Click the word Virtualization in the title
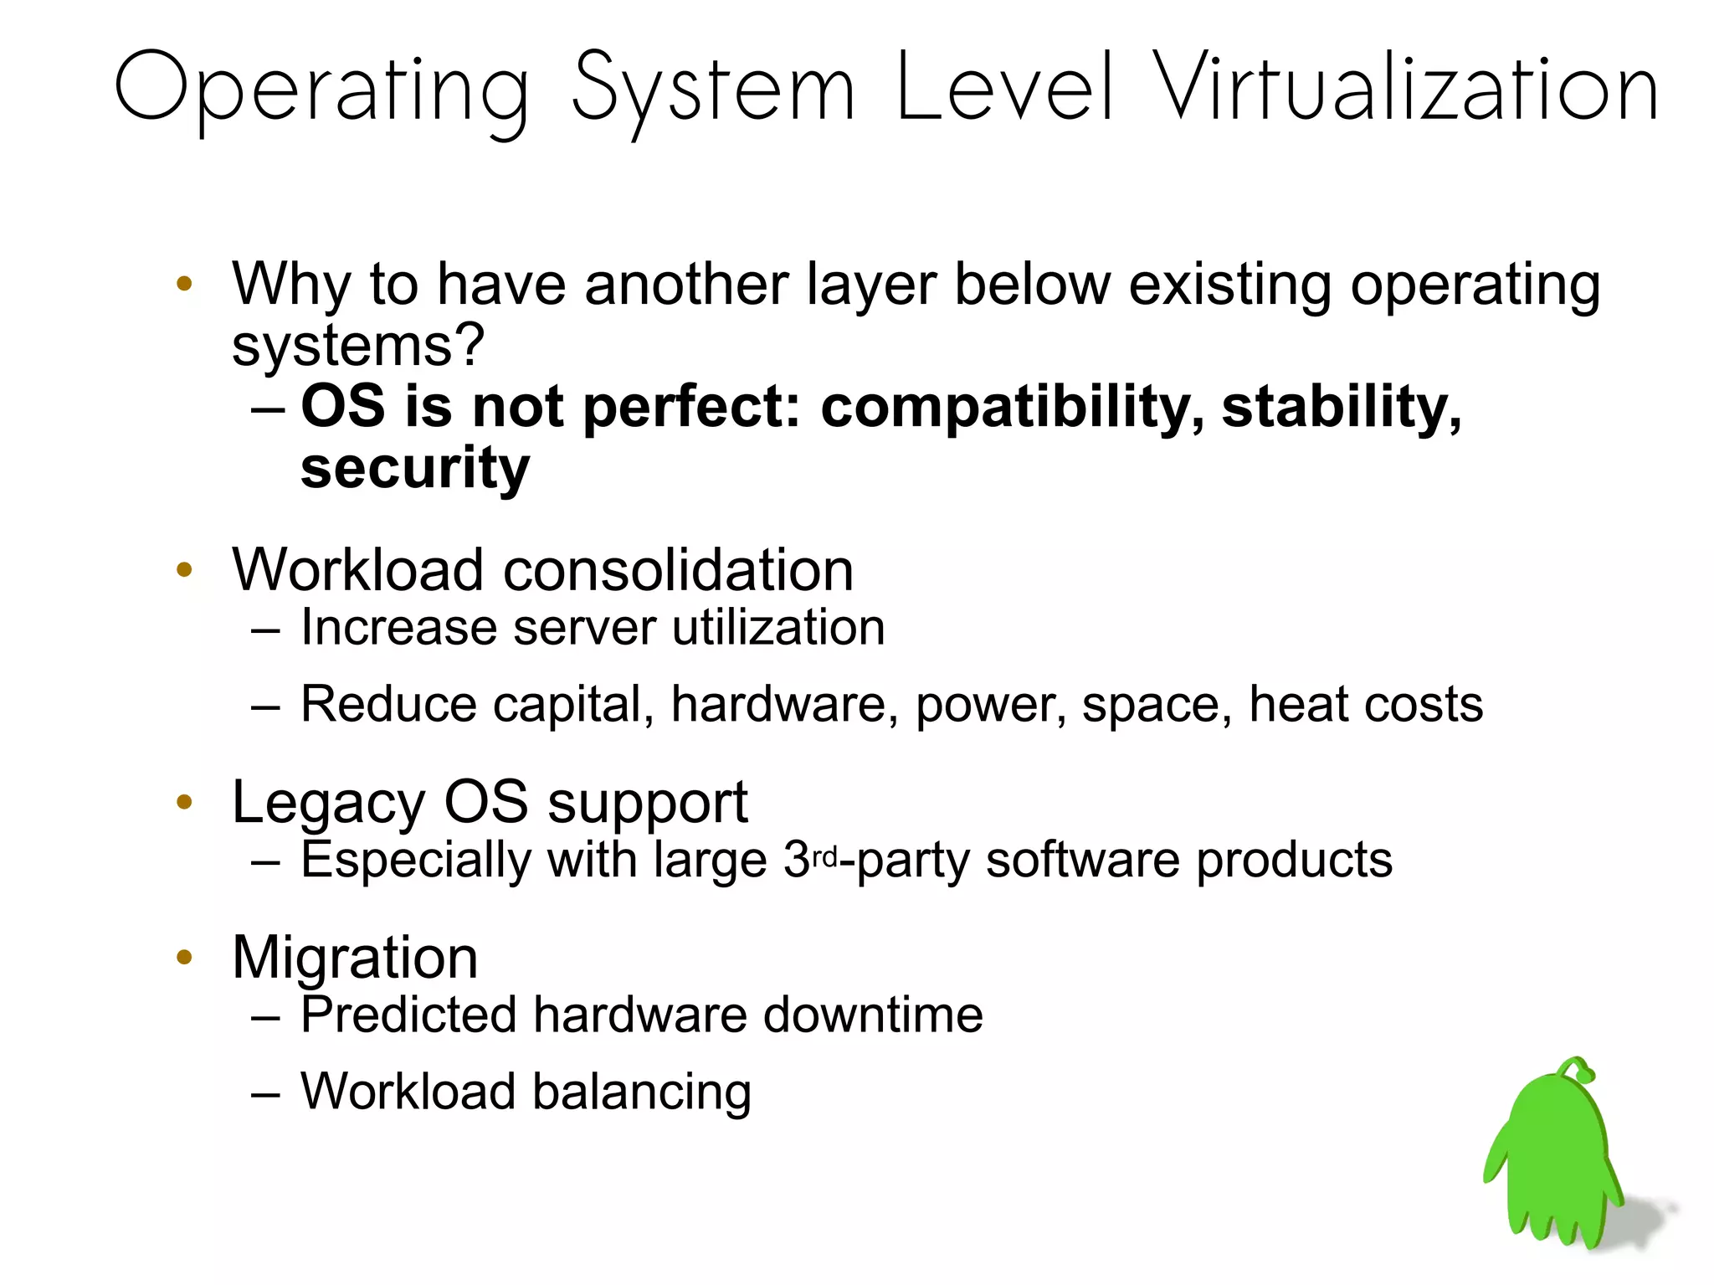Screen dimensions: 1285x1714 [x=1405, y=88]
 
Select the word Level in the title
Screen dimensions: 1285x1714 [x=1005, y=87]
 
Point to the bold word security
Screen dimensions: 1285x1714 [x=415, y=469]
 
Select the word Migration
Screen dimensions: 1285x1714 [x=355, y=957]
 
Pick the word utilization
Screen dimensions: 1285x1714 [x=778, y=628]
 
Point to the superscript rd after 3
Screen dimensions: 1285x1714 [x=824, y=857]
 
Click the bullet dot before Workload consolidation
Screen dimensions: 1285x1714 [x=184, y=571]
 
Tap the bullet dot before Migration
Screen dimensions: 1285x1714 [x=184, y=958]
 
